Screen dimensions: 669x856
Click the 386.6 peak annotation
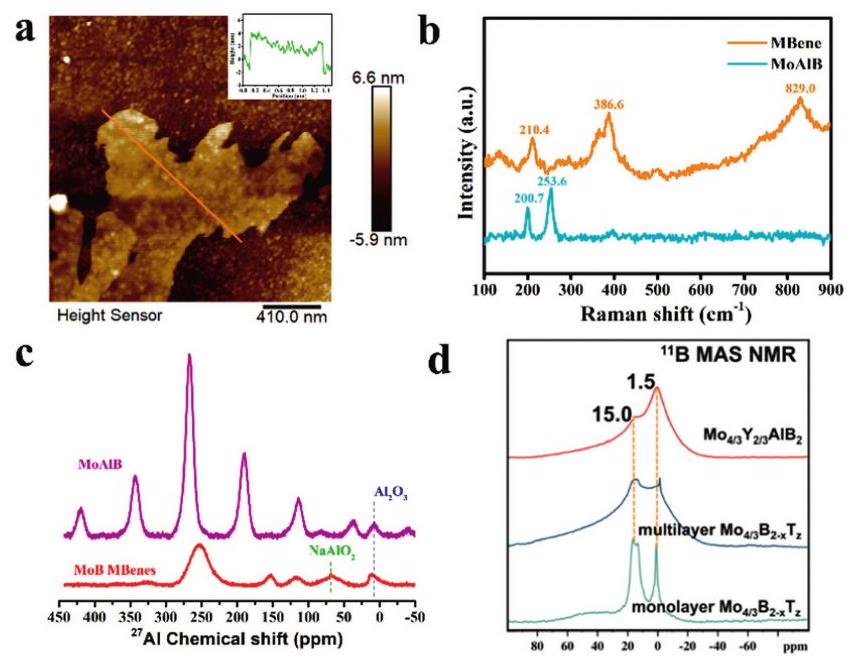coord(607,104)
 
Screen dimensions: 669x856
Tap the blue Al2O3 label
coord(391,492)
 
